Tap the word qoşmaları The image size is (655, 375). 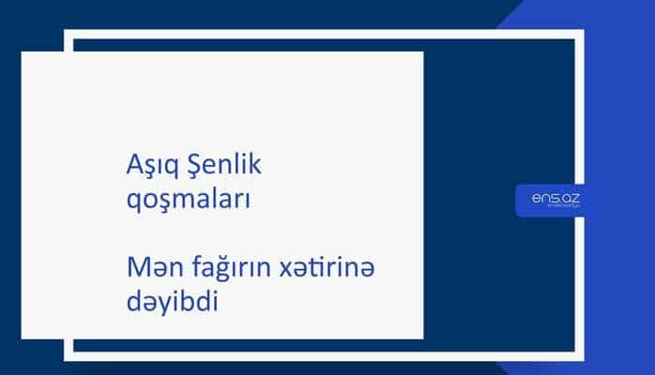(x=187, y=200)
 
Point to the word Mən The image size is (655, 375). (x=149, y=268)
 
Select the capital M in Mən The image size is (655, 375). (x=136, y=268)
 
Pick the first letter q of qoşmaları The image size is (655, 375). (x=132, y=202)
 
